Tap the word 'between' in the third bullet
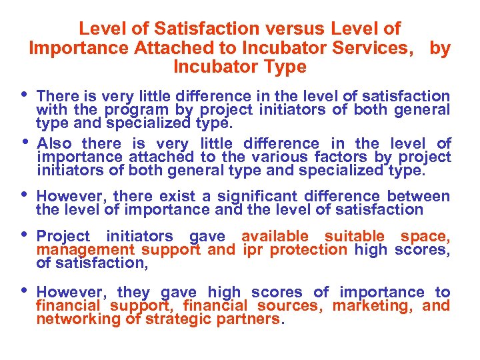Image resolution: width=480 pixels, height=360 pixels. pyautogui.click(x=417, y=196)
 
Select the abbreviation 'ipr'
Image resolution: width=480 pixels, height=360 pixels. pyautogui.click(x=253, y=250)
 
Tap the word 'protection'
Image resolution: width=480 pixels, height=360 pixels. pyautogui.click(x=308, y=250)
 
